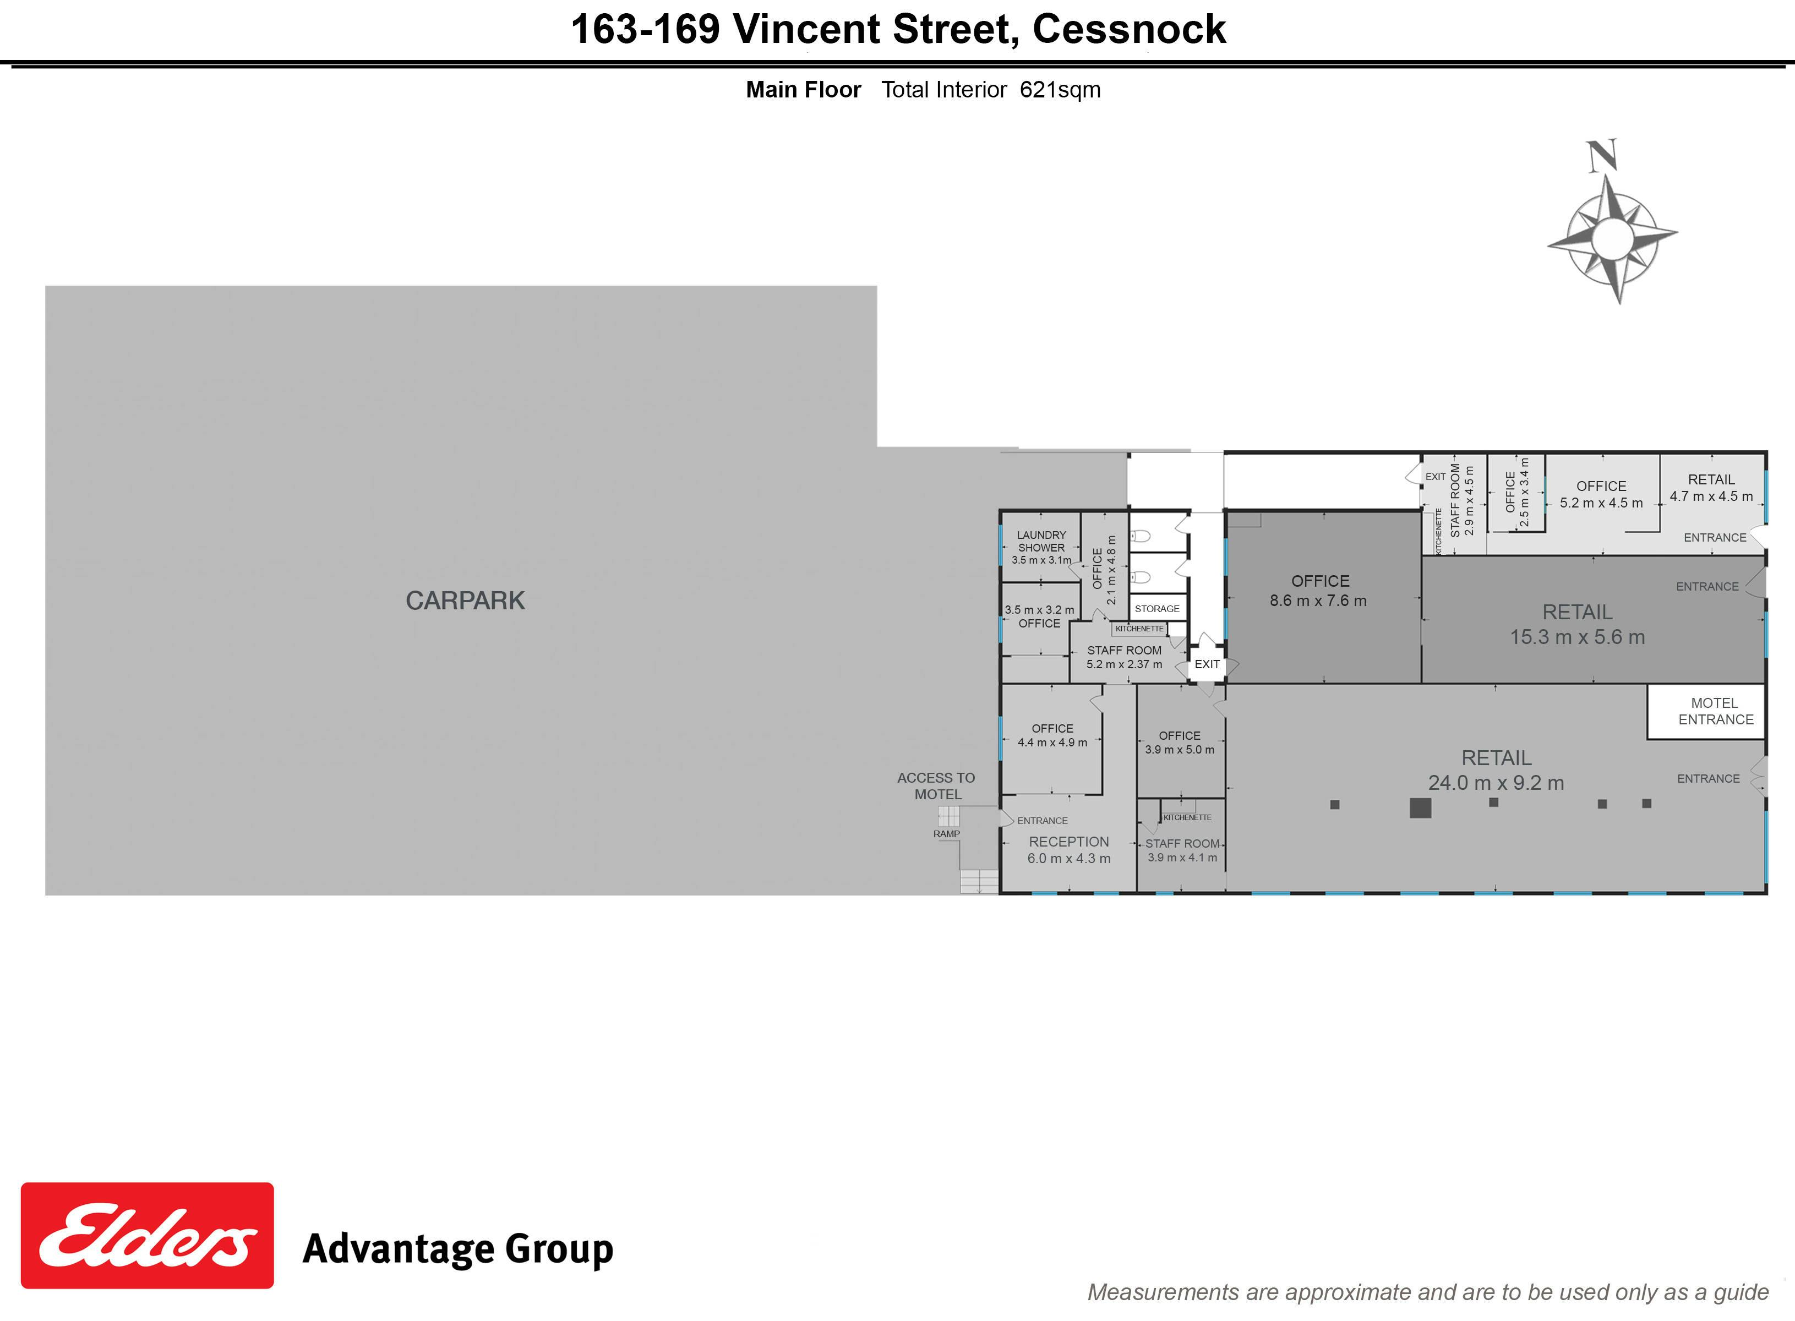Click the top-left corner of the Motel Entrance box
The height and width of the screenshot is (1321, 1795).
1647,685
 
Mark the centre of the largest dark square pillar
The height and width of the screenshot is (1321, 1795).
1420,807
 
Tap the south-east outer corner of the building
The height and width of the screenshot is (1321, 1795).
1766,893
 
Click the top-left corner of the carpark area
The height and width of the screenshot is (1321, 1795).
46,286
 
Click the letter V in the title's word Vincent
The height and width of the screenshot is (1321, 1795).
748,30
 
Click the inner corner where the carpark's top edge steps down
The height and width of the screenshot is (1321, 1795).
877,446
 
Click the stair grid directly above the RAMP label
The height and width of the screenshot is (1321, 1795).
948,816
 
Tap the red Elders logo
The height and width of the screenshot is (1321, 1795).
147,1236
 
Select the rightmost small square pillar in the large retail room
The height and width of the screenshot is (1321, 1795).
1646,804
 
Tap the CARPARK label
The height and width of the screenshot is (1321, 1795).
465,601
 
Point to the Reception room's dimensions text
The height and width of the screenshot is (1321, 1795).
1069,859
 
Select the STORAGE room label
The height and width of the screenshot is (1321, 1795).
1157,609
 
